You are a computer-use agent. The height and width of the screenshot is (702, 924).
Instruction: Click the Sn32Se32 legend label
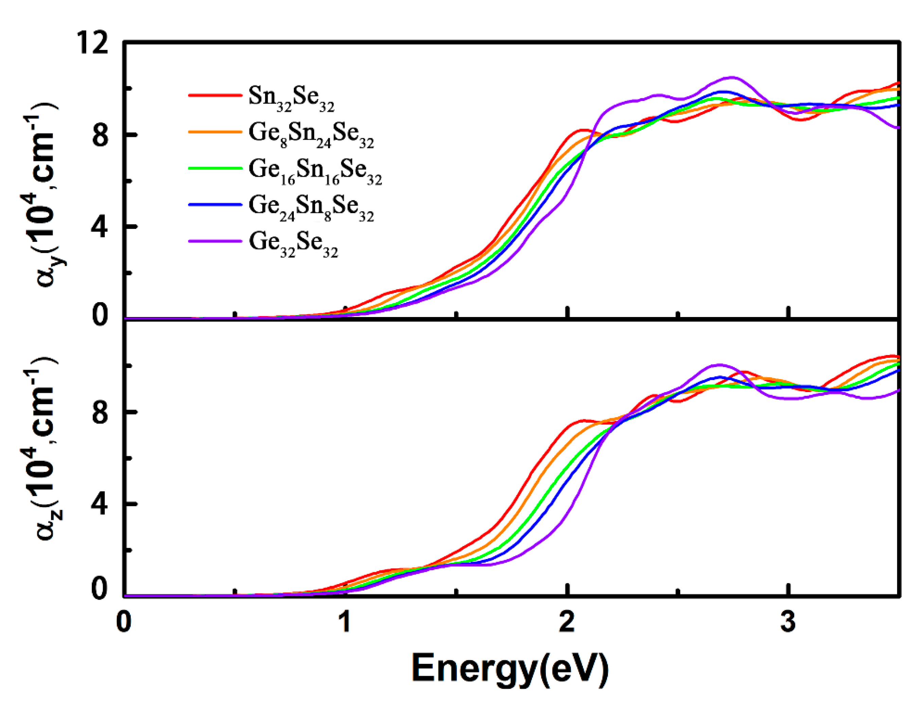tap(291, 98)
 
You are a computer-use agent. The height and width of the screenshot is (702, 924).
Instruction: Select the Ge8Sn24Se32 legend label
tap(311, 134)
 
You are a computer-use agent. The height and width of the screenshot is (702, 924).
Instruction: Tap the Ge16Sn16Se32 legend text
tap(315, 171)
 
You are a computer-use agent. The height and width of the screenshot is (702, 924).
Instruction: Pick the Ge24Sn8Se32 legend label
tap(311, 207)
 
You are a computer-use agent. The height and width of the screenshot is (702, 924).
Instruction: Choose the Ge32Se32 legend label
tap(293, 243)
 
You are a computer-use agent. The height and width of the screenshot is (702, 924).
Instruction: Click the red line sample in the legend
tap(215, 95)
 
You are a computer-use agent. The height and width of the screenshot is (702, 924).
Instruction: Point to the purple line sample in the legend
tap(215, 241)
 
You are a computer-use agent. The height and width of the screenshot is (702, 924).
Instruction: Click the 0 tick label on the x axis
tap(124, 622)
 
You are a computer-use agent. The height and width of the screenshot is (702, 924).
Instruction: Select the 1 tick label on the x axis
tap(345, 622)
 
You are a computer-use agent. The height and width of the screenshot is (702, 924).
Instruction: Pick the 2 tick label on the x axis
tap(567, 622)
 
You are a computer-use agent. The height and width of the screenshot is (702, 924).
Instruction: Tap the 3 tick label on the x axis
tap(788, 622)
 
